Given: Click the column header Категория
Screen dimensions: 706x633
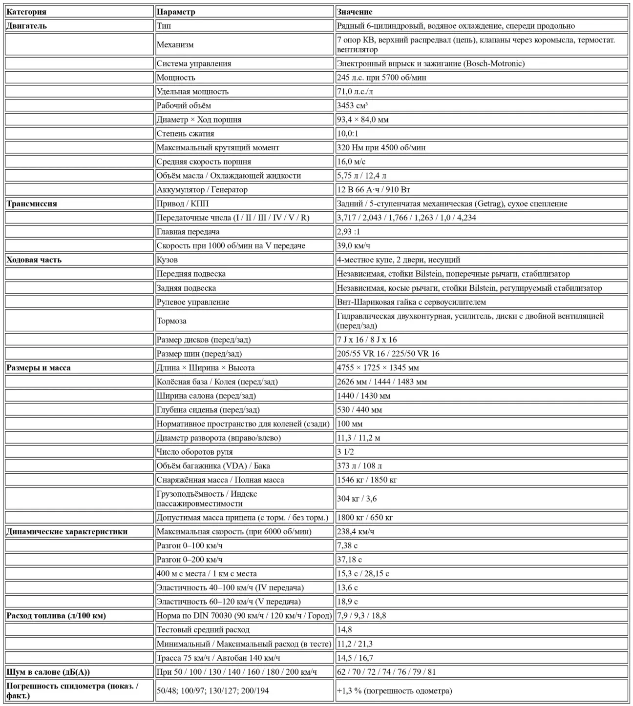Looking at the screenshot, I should [x=26, y=12].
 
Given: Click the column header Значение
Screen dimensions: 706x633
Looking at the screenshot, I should [x=355, y=12].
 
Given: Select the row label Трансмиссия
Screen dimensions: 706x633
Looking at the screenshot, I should [x=32, y=203].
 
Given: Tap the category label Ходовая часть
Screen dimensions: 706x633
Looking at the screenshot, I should [x=34, y=260].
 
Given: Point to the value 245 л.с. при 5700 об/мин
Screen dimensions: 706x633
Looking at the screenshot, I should [x=381, y=77].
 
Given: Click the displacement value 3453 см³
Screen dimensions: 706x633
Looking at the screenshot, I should [x=352, y=105].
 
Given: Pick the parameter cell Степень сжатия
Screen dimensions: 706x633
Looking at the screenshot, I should [x=185, y=133].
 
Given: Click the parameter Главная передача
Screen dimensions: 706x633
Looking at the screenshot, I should [x=188, y=232].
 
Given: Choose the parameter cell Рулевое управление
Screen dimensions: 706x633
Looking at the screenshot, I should [x=193, y=302].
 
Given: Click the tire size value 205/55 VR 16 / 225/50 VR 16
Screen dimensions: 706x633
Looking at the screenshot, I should [x=388, y=354].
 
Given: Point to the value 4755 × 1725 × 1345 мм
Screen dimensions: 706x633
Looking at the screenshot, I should [x=378, y=368].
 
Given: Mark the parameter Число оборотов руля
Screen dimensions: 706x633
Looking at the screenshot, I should [x=194, y=452].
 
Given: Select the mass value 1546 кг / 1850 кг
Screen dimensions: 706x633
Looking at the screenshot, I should [x=367, y=480].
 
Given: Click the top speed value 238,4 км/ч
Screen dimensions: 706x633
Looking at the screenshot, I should [x=356, y=531].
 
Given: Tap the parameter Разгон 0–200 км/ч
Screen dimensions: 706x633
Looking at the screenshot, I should [x=190, y=560].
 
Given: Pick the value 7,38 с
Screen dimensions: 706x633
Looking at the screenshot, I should [x=348, y=545].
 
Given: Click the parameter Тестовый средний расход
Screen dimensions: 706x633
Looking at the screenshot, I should [x=203, y=630].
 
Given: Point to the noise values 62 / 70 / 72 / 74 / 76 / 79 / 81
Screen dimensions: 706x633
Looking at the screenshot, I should [x=386, y=672].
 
